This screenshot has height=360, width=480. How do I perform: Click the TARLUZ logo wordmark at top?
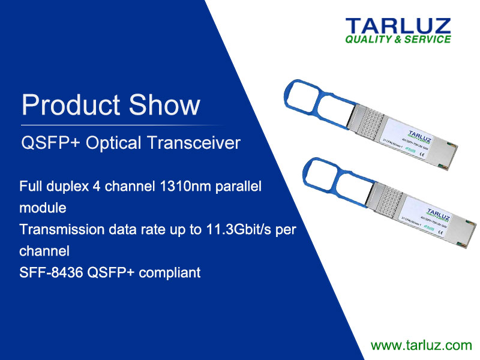[x=397, y=26]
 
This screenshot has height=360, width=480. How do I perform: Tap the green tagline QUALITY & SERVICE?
[x=397, y=40]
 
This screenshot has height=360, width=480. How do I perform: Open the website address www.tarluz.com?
[x=421, y=345]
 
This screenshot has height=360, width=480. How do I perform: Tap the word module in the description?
[x=43, y=208]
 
